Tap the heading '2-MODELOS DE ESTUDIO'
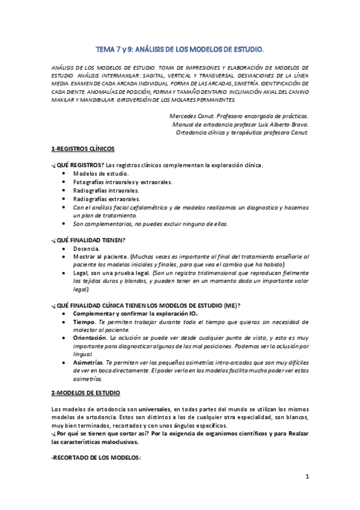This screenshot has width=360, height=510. (x=87, y=393)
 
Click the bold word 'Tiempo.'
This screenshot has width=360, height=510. (x=85, y=322)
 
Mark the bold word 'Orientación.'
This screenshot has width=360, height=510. (x=91, y=339)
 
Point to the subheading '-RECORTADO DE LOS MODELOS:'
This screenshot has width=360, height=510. (x=96, y=458)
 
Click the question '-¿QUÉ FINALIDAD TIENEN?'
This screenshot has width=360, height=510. (x=88, y=239)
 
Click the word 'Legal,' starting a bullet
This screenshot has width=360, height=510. (x=82, y=272)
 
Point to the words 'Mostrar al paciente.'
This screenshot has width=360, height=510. (x=100, y=256)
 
